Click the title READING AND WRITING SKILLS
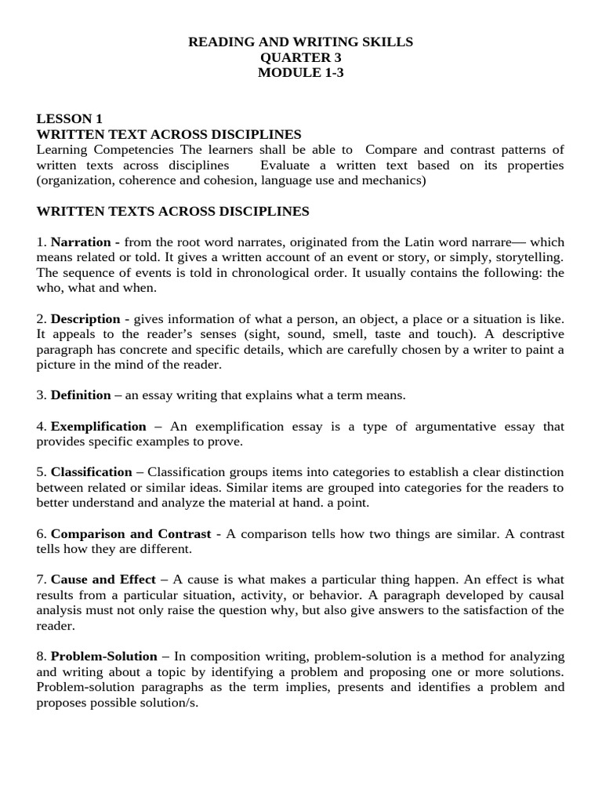[x=301, y=42]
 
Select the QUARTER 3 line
[x=301, y=58]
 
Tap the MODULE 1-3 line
[x=301, y=73]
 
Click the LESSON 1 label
[x=69, y=119]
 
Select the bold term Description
[x=85, y=319]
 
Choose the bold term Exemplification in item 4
[x=99, y=427]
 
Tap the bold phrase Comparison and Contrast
[x=131, y=533]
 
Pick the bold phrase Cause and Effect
[x=103, y=580]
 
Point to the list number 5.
[x=41, y=472]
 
